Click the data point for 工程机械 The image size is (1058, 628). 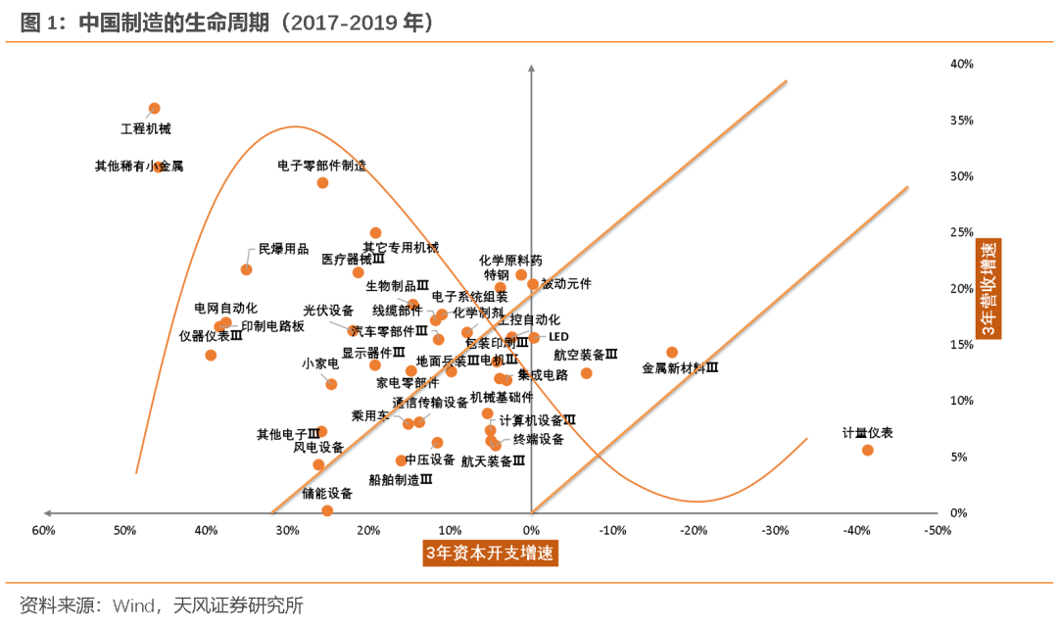tap(154, 109)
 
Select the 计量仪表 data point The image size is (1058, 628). tap(867, 450)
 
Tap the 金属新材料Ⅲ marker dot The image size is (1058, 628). tap(672, 352)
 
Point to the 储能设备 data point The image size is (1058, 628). tap(327, 510)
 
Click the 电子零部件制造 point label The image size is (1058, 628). tap(321, 166)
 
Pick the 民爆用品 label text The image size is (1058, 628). tap(283, 249)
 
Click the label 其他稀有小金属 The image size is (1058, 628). tap(138, 167)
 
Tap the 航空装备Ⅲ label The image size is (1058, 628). tap(586, 355)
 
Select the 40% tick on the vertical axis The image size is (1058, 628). tap(961, 65)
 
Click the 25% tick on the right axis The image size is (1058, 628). tap(961, 233)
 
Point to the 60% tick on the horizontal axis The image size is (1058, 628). tap(43, 531)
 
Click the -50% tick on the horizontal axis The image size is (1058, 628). tap(938, 531)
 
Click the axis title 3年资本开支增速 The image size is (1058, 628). tap(489, 554)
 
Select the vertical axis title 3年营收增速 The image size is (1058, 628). tap(991, 289)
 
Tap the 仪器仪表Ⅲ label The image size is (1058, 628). tap(210, 335)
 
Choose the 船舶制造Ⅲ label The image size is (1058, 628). tap(400, 480)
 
